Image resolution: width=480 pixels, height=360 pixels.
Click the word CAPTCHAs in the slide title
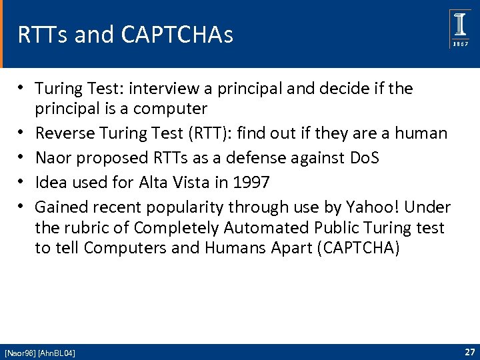pyautogui.click(x=178, y=35)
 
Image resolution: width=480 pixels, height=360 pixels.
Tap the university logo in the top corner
pyautogui.click(x=460, y=29)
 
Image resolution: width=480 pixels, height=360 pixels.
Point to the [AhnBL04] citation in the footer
pyautogui.click(x=57, y=353)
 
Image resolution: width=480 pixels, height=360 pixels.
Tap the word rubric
pyautogui.click(x=86, y=227)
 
